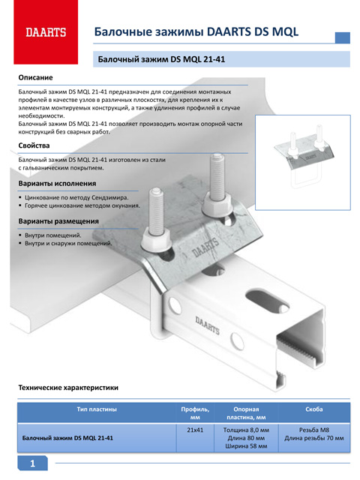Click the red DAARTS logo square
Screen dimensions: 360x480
pos(46,31)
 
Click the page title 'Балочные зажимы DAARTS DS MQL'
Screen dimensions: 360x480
pos(196,31)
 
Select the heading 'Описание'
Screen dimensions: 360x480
pos(35,77)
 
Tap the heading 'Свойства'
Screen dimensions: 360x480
pos(34,145)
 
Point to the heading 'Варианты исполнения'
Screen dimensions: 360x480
pos(57,183)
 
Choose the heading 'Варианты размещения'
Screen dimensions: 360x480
pos(58,221)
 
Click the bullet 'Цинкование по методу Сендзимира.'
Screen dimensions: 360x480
pos(76,197)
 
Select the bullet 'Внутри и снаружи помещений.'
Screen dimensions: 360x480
pos(68,243)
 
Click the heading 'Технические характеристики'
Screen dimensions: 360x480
pos(68,388)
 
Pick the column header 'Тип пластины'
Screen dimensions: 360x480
pos(97,409)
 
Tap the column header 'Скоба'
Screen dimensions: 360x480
pos(314,409)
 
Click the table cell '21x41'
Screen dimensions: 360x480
pos(195,430)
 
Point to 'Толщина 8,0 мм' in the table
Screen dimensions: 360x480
pos(246,430)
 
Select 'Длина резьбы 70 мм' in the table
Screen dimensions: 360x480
pos(314,438)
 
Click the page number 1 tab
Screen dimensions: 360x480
pos(33,463)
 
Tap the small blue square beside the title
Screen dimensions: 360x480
pos(343,37)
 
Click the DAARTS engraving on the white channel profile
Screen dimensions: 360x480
pos(208,325)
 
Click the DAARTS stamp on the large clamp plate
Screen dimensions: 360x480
pos(205,247)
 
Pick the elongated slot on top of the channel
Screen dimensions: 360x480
pos(267,301)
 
